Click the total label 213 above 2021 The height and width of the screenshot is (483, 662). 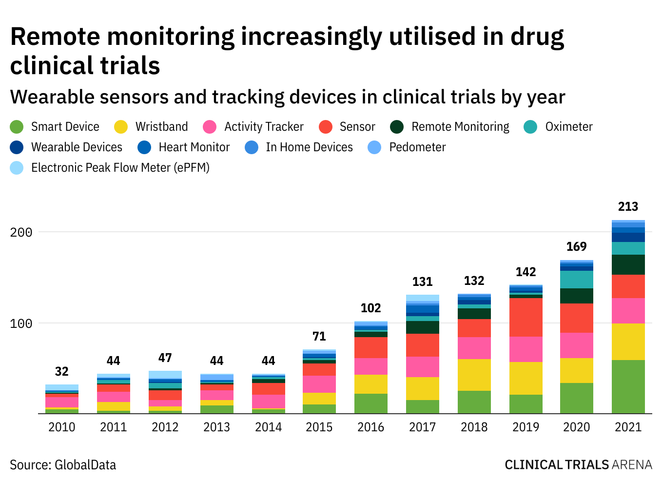click(x=628, y=207)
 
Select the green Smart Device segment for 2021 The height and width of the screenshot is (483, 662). click(x=628, y=386)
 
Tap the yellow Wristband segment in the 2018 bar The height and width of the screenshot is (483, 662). click(x=474, y=375)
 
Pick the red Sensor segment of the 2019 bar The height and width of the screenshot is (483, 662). click(x=526, y=317)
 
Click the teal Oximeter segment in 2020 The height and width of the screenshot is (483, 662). click(x=576, y=280)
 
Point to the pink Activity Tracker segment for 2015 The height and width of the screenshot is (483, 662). click(x=319, y=384)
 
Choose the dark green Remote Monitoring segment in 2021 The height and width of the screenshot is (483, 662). click(x=628, y=264)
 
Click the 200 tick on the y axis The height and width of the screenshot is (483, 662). click(x=21, y=232)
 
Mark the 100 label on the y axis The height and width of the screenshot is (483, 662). click(x=21, y=323)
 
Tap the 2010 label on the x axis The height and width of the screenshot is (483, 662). click(x=61, y=427)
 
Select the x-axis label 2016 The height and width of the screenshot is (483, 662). click(x=370, y=427)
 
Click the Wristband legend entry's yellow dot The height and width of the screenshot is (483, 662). click(x=120, y=127)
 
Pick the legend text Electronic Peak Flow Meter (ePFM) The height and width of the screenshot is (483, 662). click(x=120, y=168)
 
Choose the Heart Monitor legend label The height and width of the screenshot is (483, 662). click(x=194, y=147)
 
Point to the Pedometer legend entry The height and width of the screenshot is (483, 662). click(x=417, y=147)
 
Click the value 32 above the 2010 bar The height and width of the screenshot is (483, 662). click(x=61, y=372)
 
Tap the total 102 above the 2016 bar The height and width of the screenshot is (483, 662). click(x=370, y=308)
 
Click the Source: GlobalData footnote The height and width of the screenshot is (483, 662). click(x=63, y=464)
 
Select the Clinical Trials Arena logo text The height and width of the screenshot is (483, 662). click(x=578, y=464)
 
